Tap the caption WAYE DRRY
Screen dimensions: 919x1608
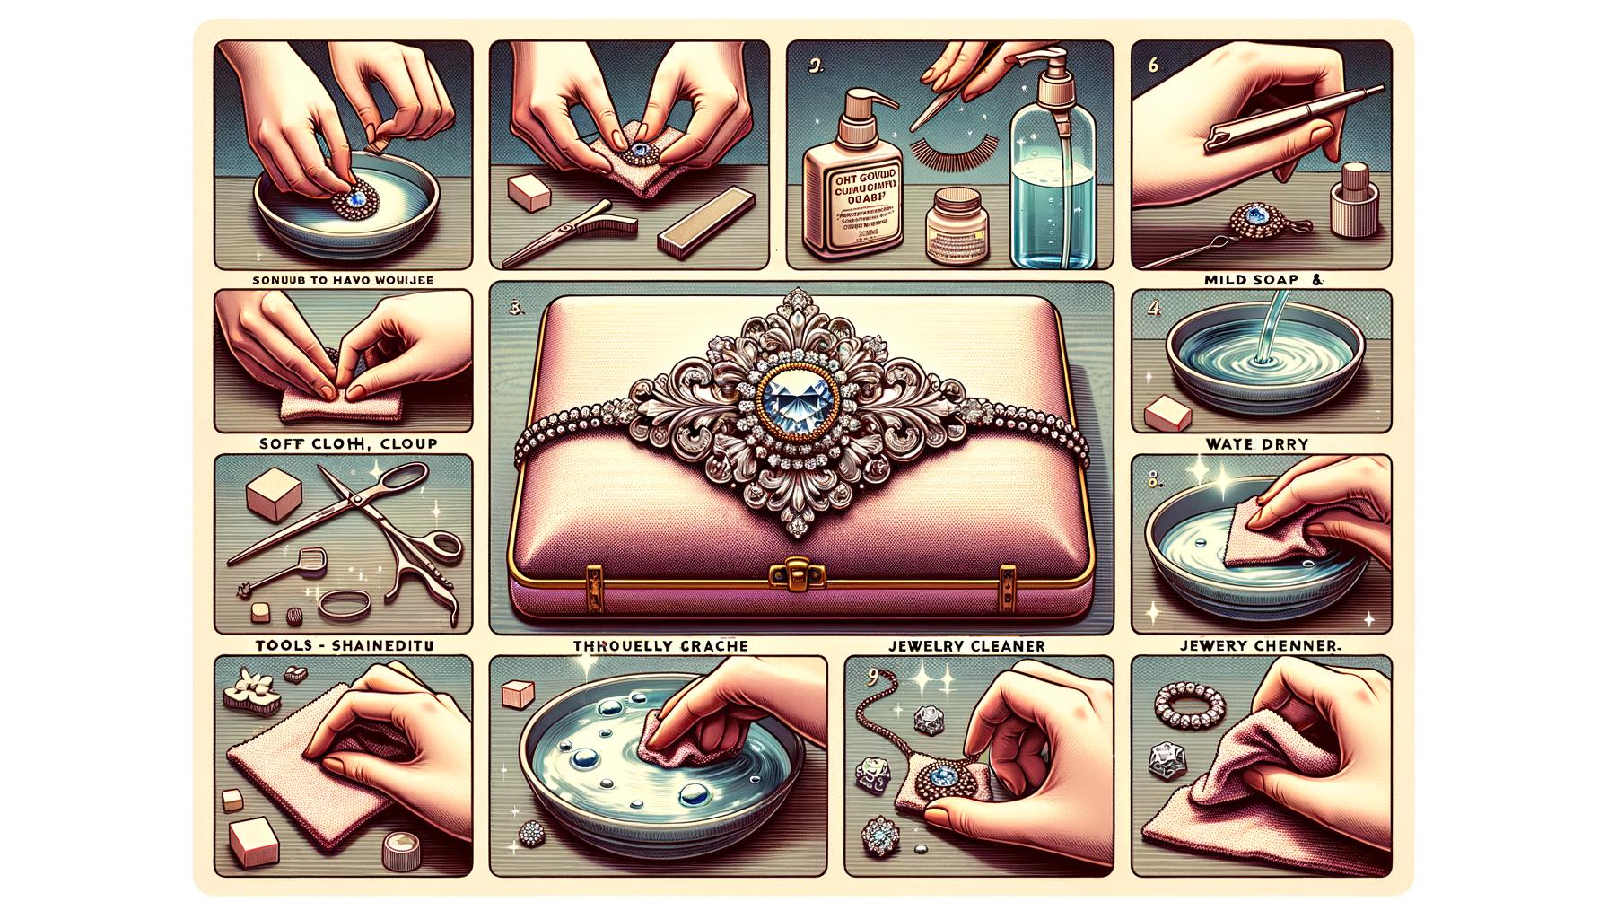coord(1258,443)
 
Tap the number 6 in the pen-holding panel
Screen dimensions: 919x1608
coord(1151,66)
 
